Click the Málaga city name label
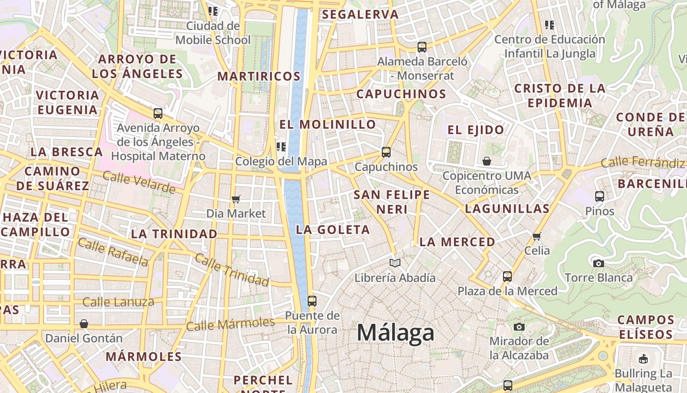click(x=396, y=333)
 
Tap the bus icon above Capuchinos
click(x=386, y=152)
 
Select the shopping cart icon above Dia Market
click(x=236, y=199)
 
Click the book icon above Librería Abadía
click(x=395, y=263)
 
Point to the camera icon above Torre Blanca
click(x=599, y=263)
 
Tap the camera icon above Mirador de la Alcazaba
click(x=519, y=327)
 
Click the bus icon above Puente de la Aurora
click(x=312, y=301)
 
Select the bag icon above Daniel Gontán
click(x=84, y=324)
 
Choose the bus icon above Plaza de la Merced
click(x=507, y=276)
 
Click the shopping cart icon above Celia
click(x=537, y=236)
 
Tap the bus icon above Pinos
click(x=600, y=196)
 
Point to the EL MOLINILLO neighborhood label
click(x=327, y=124)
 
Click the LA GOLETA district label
click(x=333, y=229)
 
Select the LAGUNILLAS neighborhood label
click(x=507, y=208)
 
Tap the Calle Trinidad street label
click(x=232, y=270)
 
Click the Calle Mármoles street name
click(x=230, y=324)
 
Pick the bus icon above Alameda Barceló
click(x=422, y=47)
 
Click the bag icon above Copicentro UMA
click(x=487, y=161)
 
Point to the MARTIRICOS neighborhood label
click(x=259, y=76)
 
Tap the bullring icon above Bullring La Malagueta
click(x=643, y=359)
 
